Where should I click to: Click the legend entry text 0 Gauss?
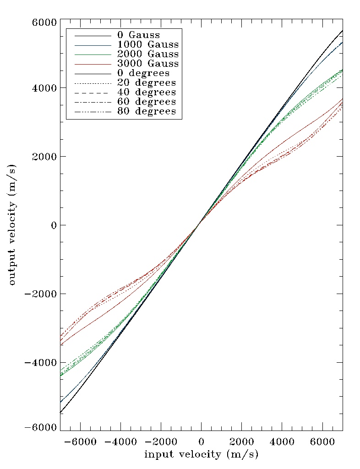click(138, 35)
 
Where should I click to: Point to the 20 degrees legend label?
click(146, 83)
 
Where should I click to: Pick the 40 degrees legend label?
click(146, 93)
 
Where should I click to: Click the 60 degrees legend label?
click(146, 102)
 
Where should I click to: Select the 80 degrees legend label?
click(146, 111)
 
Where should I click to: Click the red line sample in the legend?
click(93, 64)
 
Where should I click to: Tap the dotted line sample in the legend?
click(93, 83)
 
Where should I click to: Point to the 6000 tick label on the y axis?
click(44, 22)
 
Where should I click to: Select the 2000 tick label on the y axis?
click(44, 157)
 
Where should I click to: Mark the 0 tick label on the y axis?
click(53, 225)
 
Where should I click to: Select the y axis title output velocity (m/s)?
click(12, 225)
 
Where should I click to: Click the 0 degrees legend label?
click(143, 73)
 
